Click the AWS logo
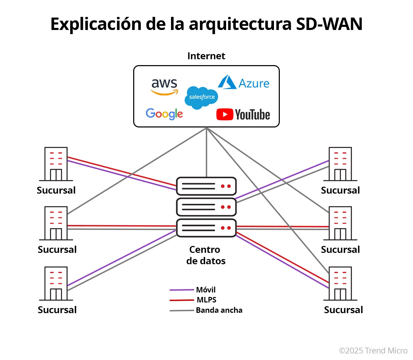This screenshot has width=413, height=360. click(x=165, y=86)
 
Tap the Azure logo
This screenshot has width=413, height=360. click(x=244, y=83)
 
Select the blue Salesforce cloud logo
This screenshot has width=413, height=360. click(x=202, y=97)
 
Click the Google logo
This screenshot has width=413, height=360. click(x=164, y=114)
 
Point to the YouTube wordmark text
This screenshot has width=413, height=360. click(x=253, y=115)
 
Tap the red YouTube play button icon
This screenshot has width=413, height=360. click(x=224, y=114)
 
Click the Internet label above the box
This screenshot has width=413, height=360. click(x=206, y=56)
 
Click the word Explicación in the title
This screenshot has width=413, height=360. click(x=96, y=24)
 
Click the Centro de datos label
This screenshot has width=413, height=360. click(x=205, y=255)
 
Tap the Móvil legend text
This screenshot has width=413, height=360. click(x=206, y=290)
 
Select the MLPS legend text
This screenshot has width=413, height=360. click(x=206, y=300)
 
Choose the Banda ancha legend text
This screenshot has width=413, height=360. click(x=219, y=310)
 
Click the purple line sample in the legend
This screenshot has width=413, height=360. click(x=182, y=290)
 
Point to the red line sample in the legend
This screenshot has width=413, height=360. click(x=182, y=300)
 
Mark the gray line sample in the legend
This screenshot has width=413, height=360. click(x=182, y=311)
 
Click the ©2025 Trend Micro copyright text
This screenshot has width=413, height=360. click(x=373, y=351)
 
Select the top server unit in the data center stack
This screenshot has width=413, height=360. click(x=206, y=186)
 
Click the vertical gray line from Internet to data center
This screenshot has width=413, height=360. click(x=206, y=152)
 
